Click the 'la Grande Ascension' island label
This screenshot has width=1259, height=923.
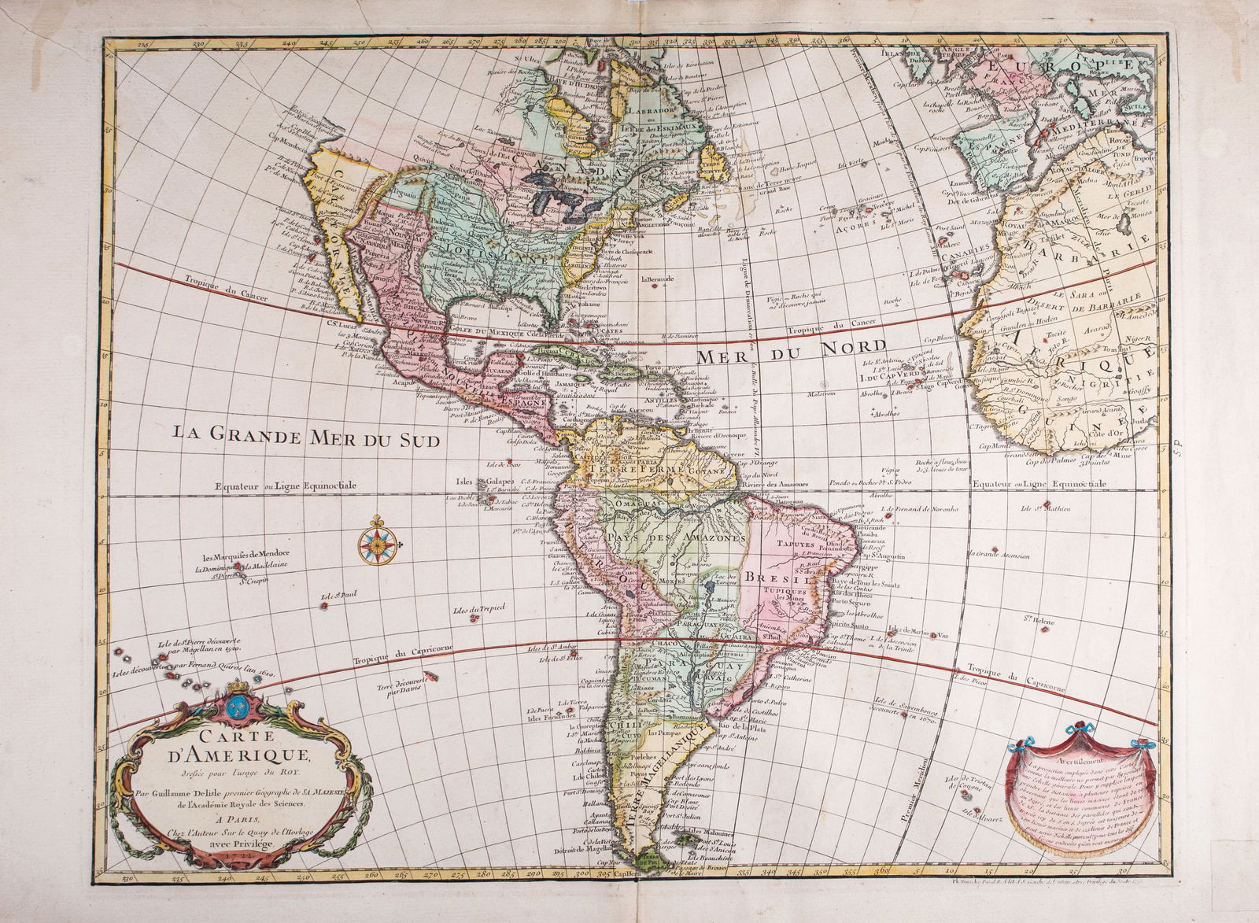point(999,556)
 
